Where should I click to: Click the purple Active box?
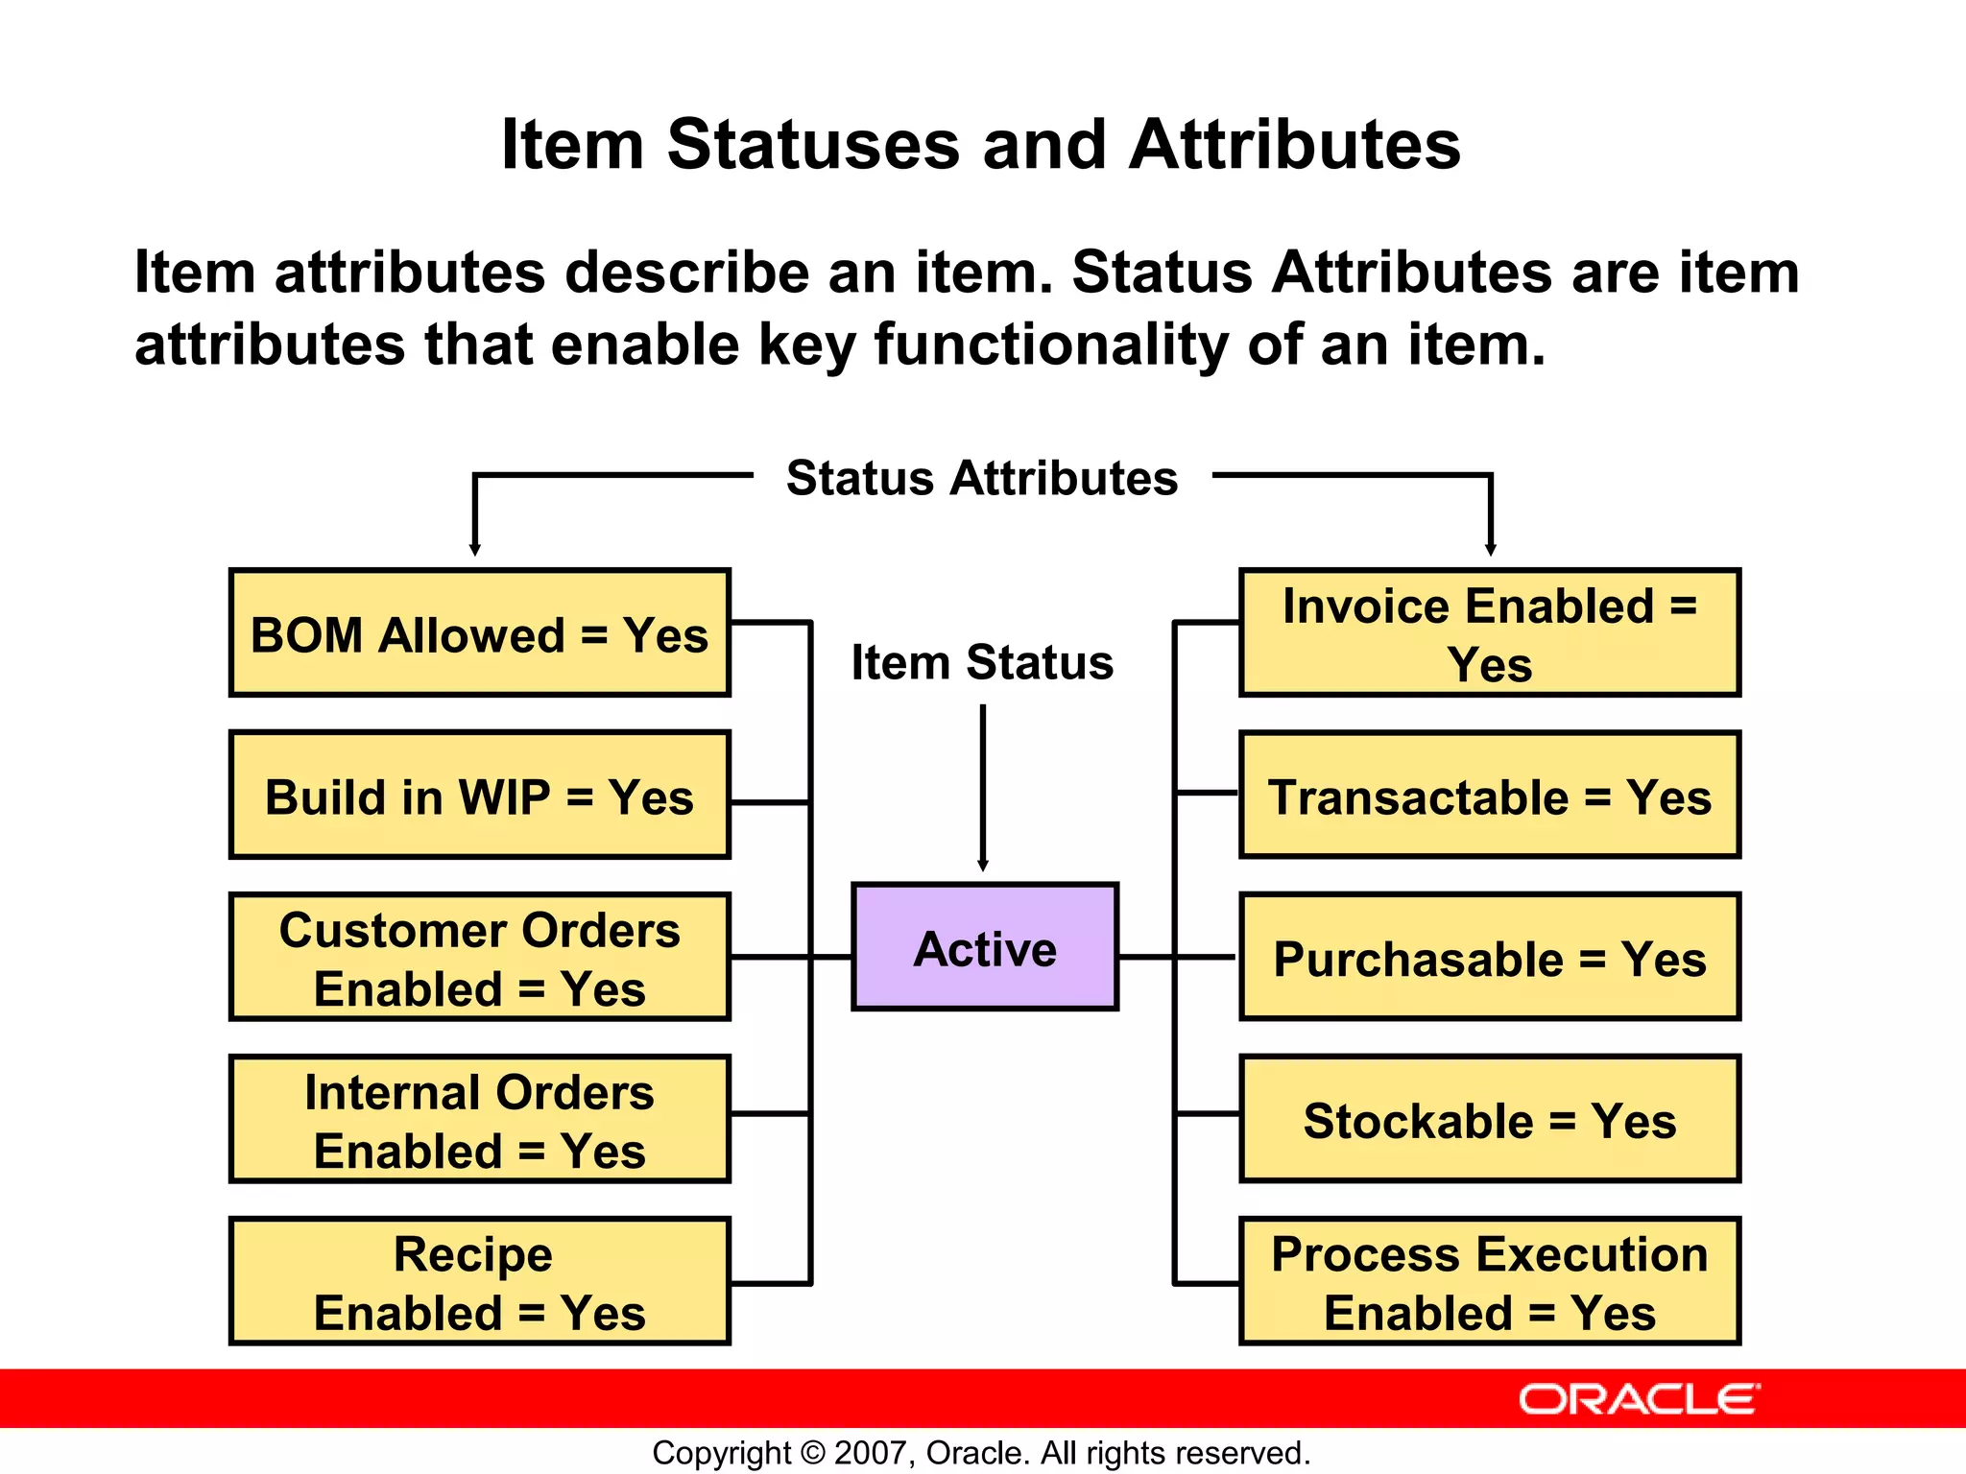click(985, 947)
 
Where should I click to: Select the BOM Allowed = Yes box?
click(480, 633)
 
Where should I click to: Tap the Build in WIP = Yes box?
click(480, 796)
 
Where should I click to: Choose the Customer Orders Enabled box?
click(480, 958)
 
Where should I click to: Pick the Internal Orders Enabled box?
click(480, 1120)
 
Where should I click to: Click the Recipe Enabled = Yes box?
click(480, 1282)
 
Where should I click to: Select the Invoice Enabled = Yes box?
click(1490, 633)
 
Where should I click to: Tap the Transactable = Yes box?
click(1490, 796)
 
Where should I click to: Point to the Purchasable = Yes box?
click(1490, 958)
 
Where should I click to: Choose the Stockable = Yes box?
click(1490, 1120)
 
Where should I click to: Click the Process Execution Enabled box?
click(1490, 1282)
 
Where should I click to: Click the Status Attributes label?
click(982, 478)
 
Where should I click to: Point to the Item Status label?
click(982, 662)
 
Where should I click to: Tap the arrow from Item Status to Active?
click(983, 787)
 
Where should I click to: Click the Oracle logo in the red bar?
click(1640, 1399)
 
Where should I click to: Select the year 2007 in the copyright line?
click(871, 1453)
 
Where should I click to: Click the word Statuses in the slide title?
click(813, 145)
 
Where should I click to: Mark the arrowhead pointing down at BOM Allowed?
click(474, 549)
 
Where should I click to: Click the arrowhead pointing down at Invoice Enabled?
click(1491, 549)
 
